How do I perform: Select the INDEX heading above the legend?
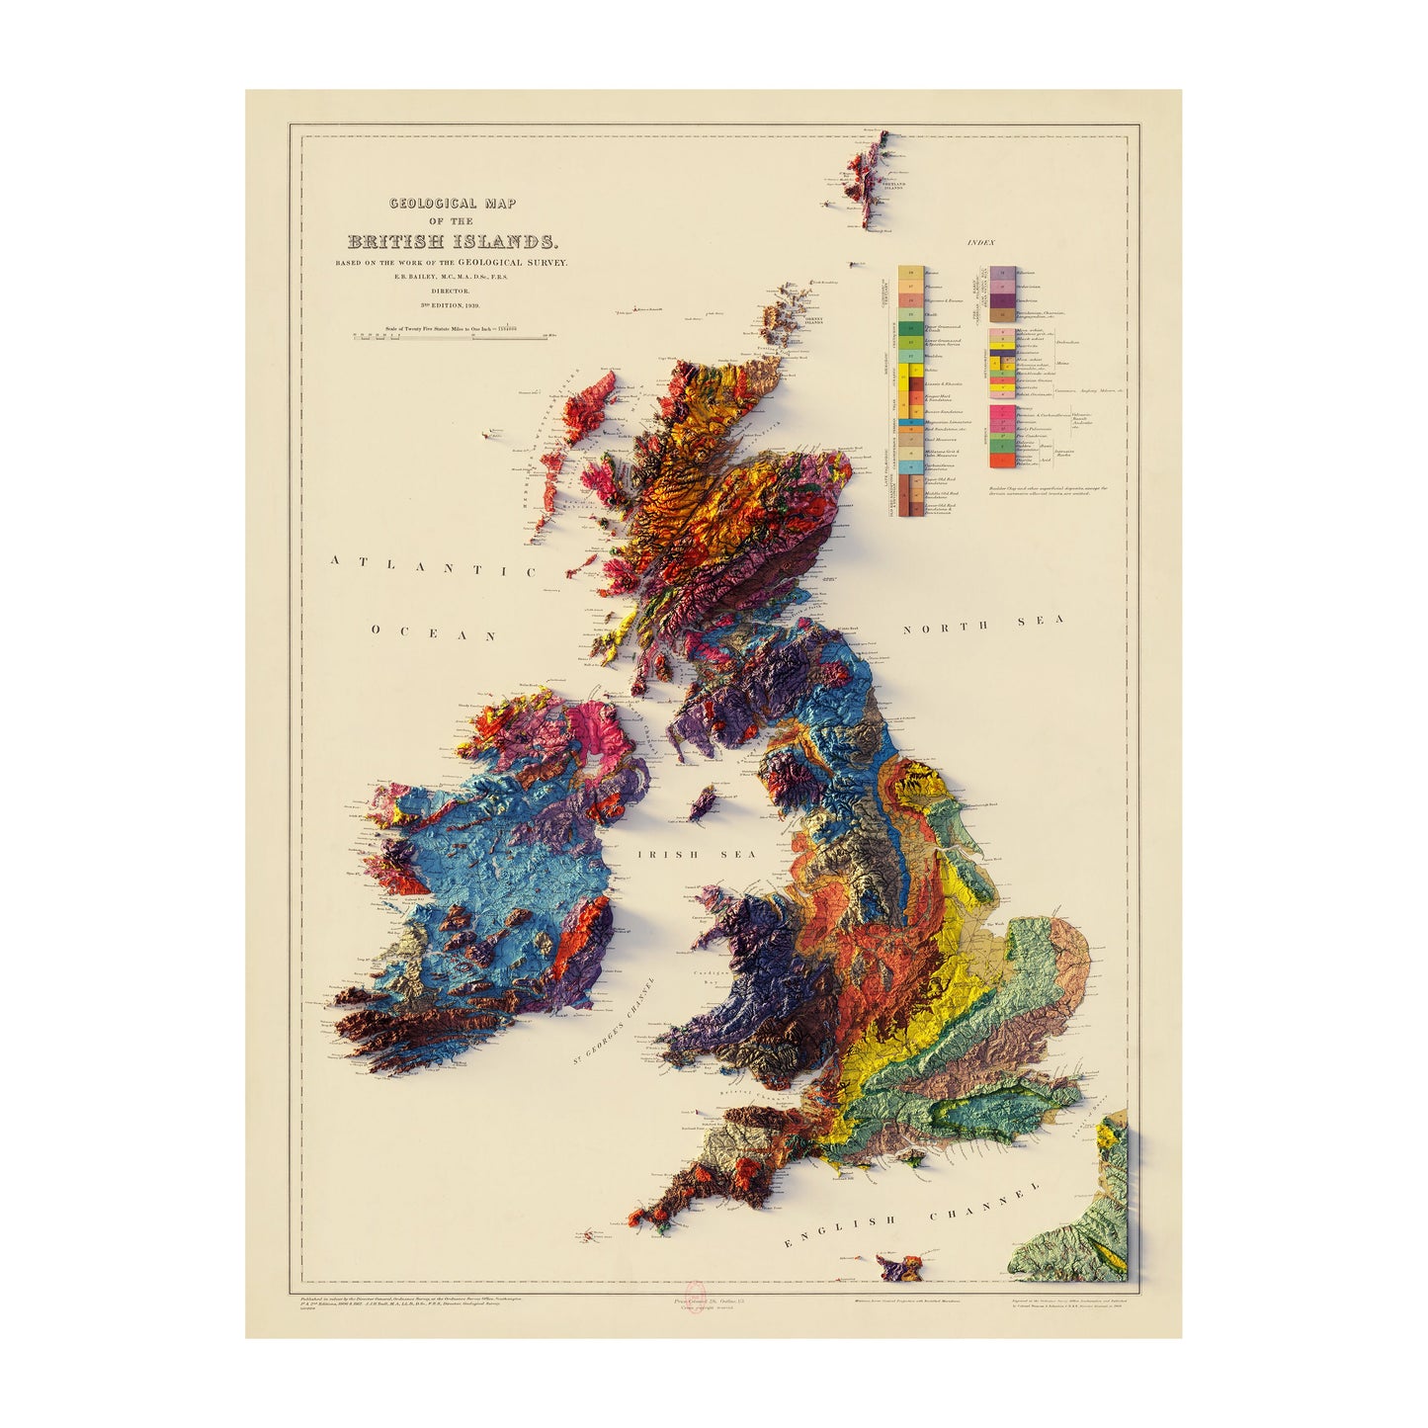point(982,242)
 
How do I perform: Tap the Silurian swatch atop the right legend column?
point(1005,269)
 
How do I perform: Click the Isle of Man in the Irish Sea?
point(705,801)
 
